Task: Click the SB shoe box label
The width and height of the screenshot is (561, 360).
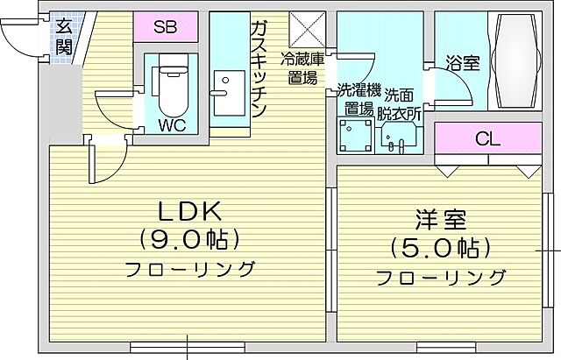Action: coord(166,26)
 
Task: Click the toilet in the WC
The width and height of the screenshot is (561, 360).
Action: coord(167,83)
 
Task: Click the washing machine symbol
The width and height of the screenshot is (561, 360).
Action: coord(356,137)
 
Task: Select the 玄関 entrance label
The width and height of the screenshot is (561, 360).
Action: coord(64,36)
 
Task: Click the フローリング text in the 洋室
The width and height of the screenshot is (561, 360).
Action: coord(442,278)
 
